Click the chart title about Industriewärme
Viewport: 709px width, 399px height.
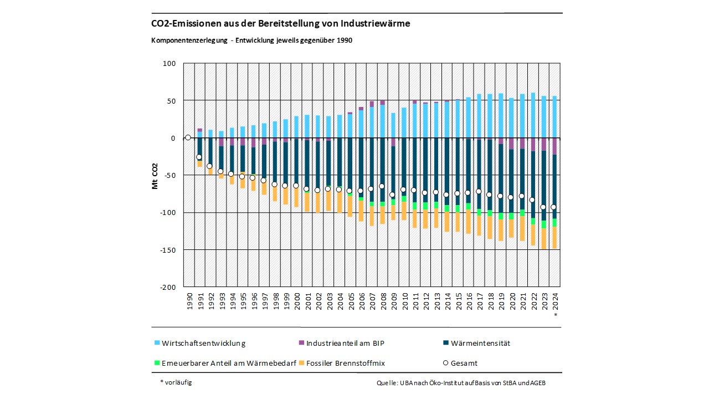(x=280, y=24)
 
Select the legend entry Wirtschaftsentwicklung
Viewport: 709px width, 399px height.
(x=203, y=343)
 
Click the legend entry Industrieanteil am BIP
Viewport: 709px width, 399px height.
(x=345, y=343)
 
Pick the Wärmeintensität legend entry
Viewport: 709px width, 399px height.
(x=480, y=343)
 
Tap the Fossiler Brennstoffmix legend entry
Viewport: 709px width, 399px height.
(x=345, y=364)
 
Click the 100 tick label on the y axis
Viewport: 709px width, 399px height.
(x=168, y=64)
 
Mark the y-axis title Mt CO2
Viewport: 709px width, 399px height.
(x=155, y=176)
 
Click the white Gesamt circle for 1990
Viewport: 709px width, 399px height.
(x=188, y=137)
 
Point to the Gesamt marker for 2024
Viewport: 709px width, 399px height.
(x=554, y=207)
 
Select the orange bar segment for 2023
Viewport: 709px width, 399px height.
(x=543, y=239)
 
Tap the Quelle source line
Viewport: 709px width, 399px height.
(x=460, y=383)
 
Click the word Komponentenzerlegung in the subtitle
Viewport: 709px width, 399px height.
(x=188, y=40)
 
